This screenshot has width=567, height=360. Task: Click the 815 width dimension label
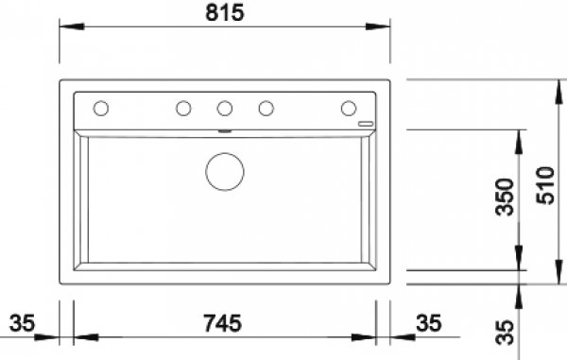[x=225, y=12]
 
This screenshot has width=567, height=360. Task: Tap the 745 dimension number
[x=222, y=323]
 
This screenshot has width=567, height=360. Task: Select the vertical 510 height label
[x=545, y=185]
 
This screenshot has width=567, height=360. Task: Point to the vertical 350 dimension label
[x=505, y=197]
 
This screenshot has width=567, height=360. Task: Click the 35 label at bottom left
[x=22, y=323]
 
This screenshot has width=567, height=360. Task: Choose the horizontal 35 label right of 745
[x=429, y=323]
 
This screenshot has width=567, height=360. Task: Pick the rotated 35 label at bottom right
[x=505, y=333]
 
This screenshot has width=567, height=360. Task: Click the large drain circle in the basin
[x=225, y=172]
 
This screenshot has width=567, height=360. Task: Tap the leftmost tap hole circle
[x=101, y=108]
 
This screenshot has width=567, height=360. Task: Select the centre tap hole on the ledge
[x=225, y=108]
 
